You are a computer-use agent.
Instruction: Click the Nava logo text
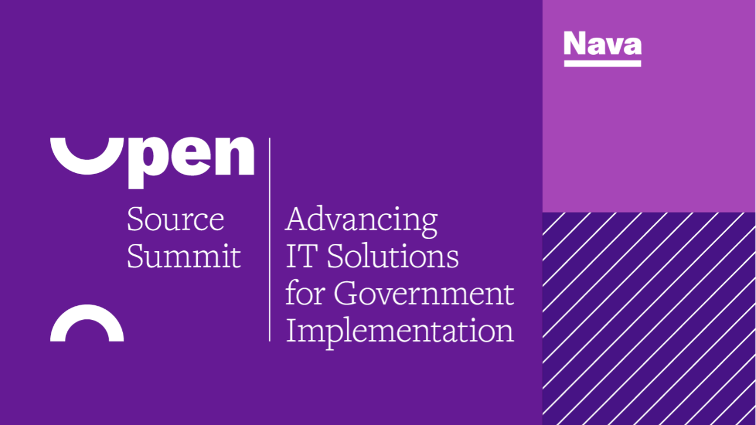pos(602,43)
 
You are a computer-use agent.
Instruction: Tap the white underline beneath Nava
pos(602,63)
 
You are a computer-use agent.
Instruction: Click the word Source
pos(175,219)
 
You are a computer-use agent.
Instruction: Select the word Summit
pos(184,256)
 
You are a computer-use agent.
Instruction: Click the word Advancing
pos(361,221)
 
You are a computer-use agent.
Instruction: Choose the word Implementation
pos(400,332)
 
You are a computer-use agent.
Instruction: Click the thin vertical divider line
pos(270,240)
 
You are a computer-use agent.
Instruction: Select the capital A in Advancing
pos(299,218)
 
